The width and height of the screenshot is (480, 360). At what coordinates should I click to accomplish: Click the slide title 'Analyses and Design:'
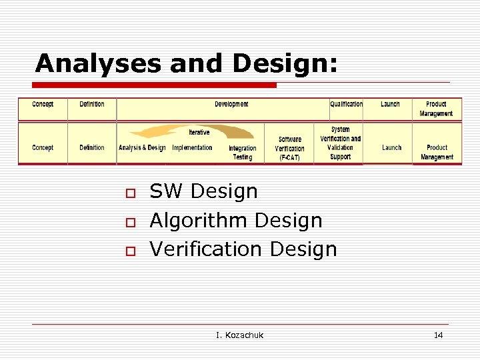(187, 63)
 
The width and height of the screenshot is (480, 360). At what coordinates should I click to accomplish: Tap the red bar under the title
(155, 85)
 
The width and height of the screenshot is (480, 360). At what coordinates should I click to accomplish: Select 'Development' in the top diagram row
(231, 104)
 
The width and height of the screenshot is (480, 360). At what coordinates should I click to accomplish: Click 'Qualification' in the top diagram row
(347, 104)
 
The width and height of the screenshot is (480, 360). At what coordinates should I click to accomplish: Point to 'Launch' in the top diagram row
(390, 104)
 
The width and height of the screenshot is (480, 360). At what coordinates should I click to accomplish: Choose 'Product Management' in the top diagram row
(436, 109)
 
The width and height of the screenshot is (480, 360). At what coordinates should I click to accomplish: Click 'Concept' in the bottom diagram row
(43, 147)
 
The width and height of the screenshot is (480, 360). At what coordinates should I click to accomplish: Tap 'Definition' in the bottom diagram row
(92, 147)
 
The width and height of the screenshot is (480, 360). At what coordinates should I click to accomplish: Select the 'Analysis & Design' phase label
(142, 147)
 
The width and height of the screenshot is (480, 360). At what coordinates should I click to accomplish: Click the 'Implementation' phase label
(192, 147)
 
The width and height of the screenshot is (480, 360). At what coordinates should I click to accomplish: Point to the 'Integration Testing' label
(242, 153)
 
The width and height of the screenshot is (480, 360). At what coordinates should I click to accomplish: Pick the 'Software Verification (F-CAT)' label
(289, 149)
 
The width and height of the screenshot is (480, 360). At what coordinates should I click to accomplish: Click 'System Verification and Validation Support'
(340, 143)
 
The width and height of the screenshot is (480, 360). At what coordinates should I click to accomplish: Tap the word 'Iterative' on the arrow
(199, 132)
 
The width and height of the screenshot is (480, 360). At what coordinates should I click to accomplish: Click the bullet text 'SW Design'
(203, 191)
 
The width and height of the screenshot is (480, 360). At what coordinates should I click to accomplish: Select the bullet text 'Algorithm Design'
(236, 220)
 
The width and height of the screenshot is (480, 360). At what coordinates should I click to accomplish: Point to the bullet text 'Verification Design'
(243, 249)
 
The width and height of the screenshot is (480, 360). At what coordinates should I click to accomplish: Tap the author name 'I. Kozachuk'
(239, 335)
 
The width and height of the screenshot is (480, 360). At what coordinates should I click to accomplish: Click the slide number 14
(438, 335)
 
